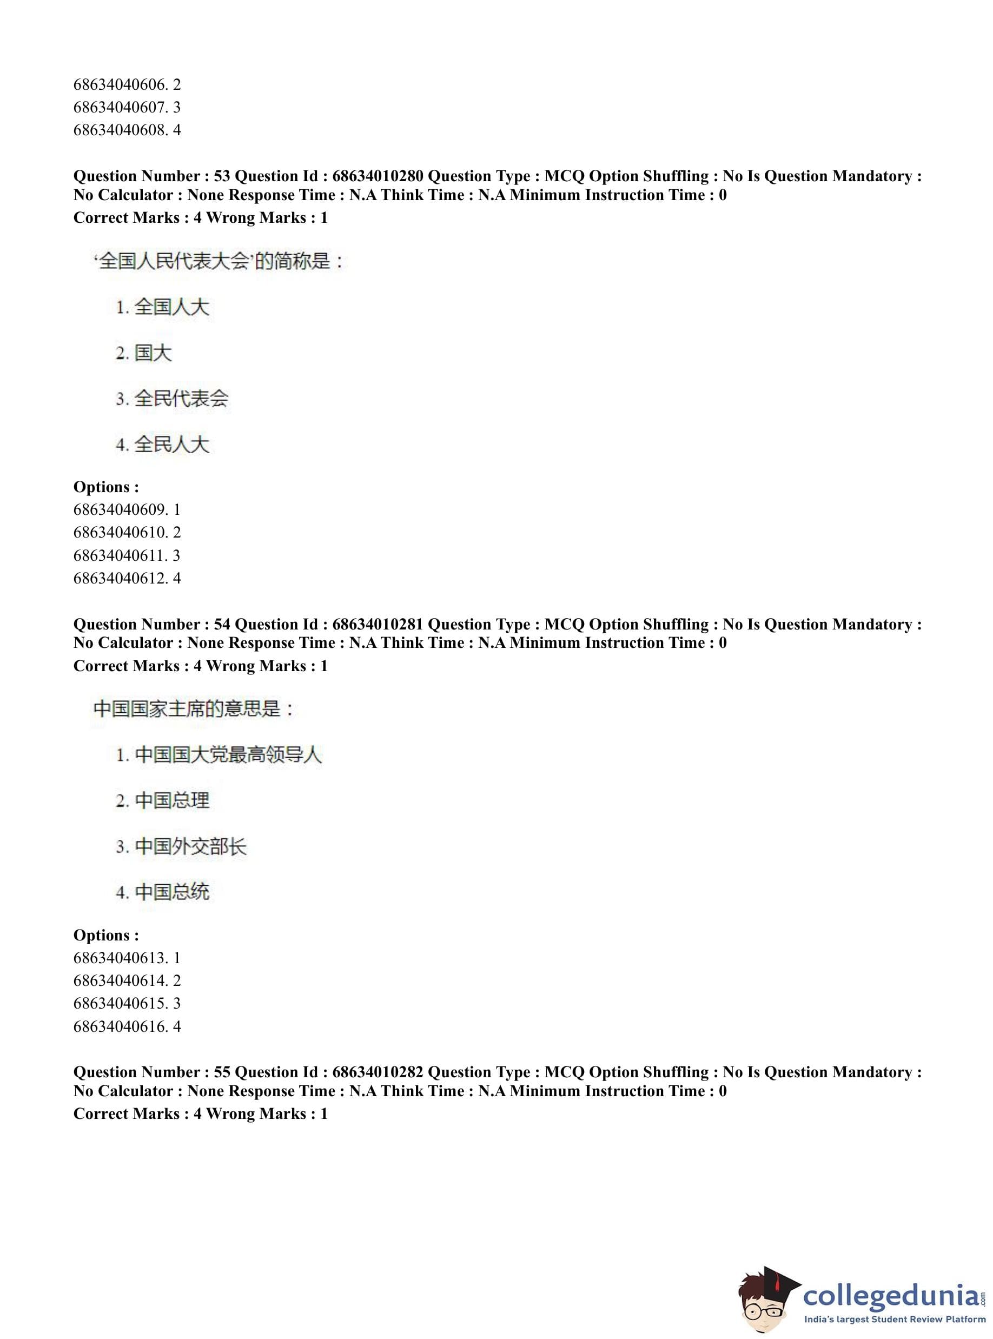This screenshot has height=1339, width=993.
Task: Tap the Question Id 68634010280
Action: coord(378,176)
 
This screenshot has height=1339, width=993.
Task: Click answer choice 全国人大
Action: coord(171,307)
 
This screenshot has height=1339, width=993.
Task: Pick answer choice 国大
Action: coord(153,353)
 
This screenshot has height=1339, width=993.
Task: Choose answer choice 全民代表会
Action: coord(181,399)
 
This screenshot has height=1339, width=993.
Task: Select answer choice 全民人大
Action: coord(171,445)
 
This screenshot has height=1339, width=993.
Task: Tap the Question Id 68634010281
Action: coord(378,625)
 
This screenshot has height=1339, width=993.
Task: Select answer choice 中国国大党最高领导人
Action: coord(228,755)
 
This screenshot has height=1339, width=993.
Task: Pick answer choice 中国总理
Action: coord(172,800)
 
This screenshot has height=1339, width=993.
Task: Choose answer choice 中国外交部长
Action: coord(190,847)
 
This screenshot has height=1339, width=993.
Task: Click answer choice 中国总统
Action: coord(172,892)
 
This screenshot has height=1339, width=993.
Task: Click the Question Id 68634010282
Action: coord(378,1072)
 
